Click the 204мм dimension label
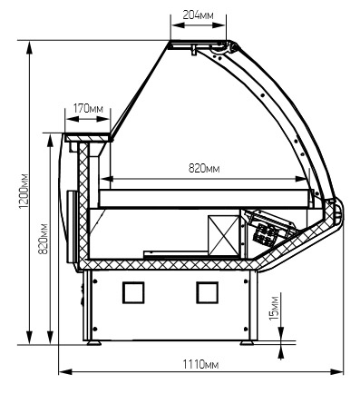(198, 15)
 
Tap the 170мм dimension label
(88, 108)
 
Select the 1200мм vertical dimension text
(24, 191)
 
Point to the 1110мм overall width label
(200, 364)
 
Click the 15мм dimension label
(275, 308)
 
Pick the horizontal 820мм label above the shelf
(204, 168)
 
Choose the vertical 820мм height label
(44, 239)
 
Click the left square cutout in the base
(133, 292)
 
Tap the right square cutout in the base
(208, 292)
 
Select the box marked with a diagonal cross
(224, 235)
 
